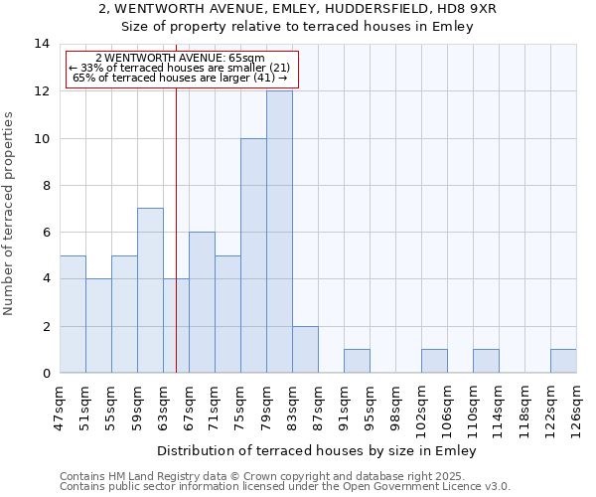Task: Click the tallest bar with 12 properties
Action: pos(279,232)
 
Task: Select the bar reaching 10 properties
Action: pos(253,255)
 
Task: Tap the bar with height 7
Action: pos(150,290)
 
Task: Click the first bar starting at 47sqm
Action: pos(73,314)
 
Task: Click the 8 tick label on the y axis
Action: pos(45,185)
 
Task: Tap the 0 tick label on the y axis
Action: pos(45,373)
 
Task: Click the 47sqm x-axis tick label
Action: pos(61,409)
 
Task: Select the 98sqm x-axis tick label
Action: pos(395,409)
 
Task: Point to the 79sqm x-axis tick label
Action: pos(266,409)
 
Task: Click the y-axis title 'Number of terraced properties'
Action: pos(10,214)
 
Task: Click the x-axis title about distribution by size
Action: pos(317,451)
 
